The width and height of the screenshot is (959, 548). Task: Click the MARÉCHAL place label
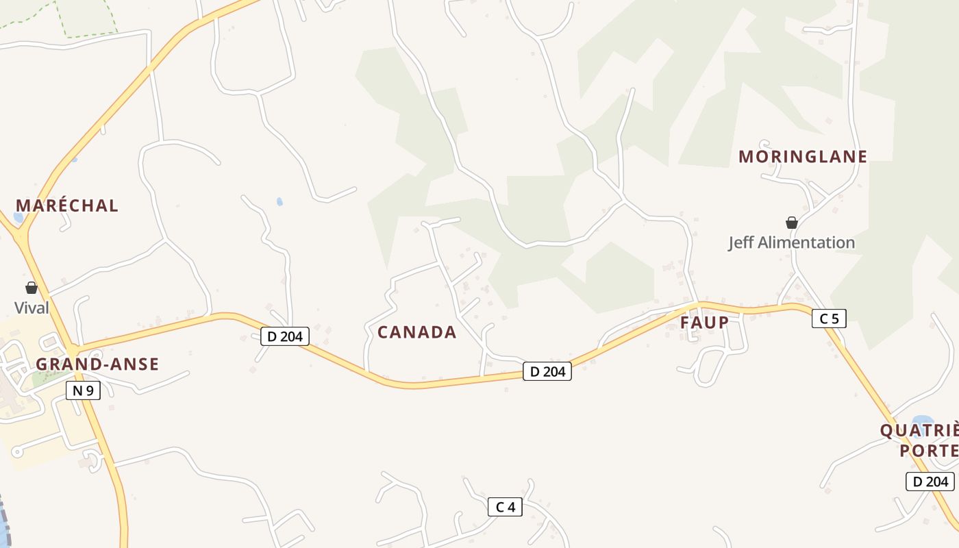click(x=67, y=206)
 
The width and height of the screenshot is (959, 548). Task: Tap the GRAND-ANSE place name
click(x=97, y=364)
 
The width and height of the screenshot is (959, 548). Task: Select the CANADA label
click(x=416, y=332)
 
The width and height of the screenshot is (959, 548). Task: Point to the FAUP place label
click(x=704, y=322)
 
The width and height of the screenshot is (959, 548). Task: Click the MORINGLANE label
click(x=803, y=157)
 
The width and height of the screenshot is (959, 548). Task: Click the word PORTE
click(x=929, y=451)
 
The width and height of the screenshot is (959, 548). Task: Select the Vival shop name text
click(x=32, y=308)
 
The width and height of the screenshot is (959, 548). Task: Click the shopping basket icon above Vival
click(x=32, y=288)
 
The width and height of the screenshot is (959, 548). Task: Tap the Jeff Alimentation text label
click(x=791, y=242)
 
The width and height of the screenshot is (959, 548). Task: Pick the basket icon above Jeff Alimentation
click(x=792, y=223)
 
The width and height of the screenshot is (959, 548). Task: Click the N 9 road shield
click(x=84, y=391)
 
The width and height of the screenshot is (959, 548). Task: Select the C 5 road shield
click(x=829, y=318)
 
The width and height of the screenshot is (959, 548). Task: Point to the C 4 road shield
click(x=505, y=507)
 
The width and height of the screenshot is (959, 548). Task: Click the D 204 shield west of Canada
click(x=285, y=336)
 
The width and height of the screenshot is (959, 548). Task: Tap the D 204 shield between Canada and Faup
click(x=547, y=371)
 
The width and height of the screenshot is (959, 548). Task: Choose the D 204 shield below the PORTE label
click(x=930, y=482)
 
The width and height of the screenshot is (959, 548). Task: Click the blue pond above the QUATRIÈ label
click(x=922, y=420)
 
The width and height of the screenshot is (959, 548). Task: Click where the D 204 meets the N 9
click(x=73, y=349)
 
